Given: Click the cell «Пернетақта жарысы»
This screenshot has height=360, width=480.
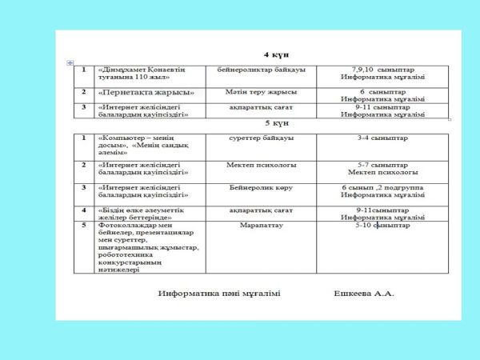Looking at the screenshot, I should pos(146,92).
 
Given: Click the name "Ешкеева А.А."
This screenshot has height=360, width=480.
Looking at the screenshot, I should pos(364,294).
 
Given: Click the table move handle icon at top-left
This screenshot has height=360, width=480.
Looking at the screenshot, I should pos(70,62).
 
